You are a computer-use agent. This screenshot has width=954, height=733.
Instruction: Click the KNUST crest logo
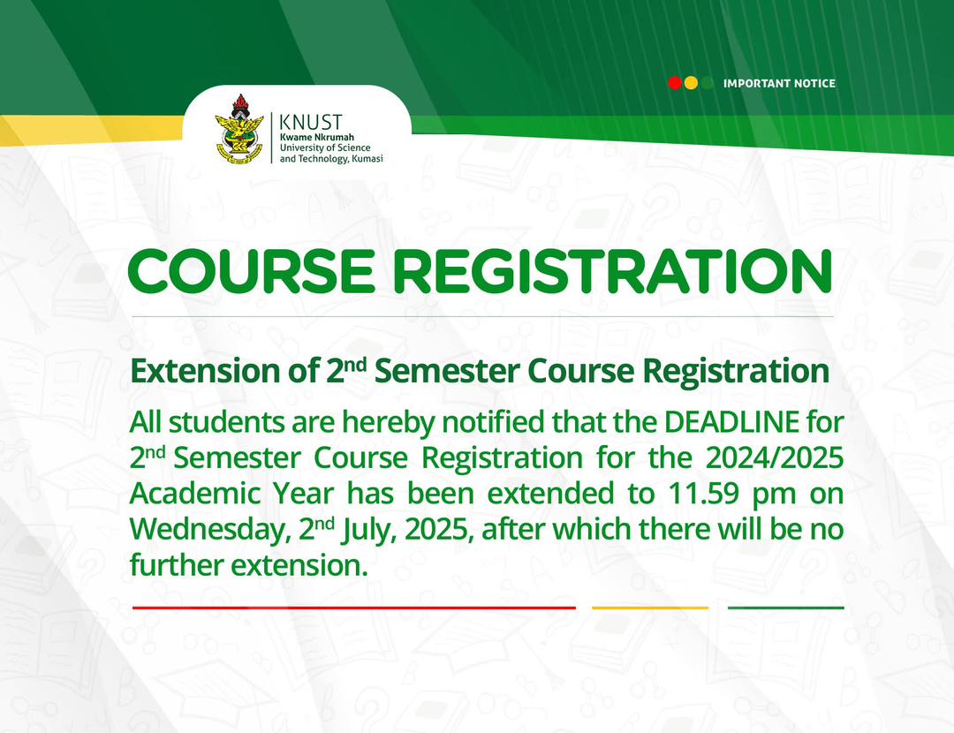[238, 129]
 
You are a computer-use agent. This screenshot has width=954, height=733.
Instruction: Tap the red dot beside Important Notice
[675, 83]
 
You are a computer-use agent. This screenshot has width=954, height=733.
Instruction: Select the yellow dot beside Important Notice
[691, 83]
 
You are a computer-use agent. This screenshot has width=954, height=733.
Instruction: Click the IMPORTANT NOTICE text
[778, 84]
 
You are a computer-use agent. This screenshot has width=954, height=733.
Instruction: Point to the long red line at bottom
[353, 608]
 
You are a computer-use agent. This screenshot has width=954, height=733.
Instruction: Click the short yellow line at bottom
[649, 608]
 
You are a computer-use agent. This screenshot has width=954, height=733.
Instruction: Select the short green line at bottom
[785, 608]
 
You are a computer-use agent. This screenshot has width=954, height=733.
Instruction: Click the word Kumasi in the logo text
[366, 158]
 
